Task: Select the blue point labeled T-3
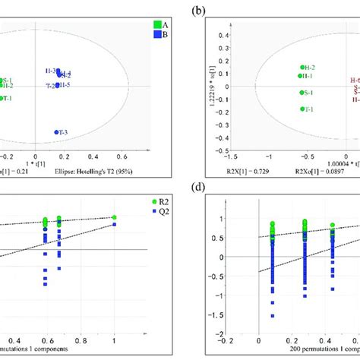coord(57,132)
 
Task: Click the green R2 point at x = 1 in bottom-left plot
coord(114,217)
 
